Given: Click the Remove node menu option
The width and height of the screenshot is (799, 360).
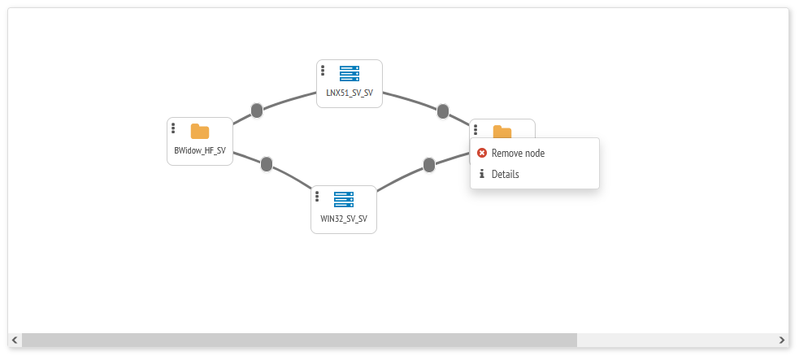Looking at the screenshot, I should [x=518, y=153].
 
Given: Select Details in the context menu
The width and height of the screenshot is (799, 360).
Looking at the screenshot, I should [x=505, y=174].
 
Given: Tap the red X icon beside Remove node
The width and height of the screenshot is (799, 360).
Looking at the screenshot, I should [x=482, y=153].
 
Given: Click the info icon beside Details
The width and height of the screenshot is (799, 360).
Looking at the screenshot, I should [x=482, y=174].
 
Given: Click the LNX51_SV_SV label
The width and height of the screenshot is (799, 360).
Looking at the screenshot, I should [x=350, y=93].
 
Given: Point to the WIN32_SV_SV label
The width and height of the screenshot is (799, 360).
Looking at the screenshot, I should [x=344, y=219].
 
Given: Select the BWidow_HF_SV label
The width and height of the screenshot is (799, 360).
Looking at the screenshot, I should [x=200, y=151].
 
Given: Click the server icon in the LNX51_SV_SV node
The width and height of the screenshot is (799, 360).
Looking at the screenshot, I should [x=350, y=73].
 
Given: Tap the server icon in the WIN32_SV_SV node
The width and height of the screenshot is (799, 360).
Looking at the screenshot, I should [x=344, y=199].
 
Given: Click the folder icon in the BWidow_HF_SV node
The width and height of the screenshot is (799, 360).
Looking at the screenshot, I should [x=200, y=132].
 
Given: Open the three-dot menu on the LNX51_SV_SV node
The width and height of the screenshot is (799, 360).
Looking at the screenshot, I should [x=323, y=71].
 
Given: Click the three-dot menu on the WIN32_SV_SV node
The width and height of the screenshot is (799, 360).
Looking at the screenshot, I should [x=317, y=197].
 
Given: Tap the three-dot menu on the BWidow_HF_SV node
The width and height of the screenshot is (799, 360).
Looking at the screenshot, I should [x=173, y=128].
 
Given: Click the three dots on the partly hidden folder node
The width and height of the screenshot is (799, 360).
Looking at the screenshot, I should [x=475, y=129].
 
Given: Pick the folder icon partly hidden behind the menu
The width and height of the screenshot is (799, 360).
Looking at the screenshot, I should [x=502, y=131].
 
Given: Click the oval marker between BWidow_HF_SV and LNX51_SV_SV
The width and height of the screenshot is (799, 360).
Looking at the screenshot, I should [x=257, y=111].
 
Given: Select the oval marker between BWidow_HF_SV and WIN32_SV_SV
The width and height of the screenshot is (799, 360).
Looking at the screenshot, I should [x=267, y=164].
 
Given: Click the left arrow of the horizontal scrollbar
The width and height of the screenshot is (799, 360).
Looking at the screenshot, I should [x=15, y=340].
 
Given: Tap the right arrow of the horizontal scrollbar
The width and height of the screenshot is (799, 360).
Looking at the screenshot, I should [x=782, y=340].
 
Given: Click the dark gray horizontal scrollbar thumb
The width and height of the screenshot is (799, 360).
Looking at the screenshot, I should [x=299, y=340].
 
